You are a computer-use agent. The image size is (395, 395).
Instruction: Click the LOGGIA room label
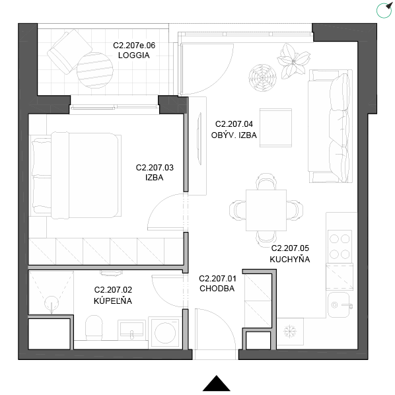134,55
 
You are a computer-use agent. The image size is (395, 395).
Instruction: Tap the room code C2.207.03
155,168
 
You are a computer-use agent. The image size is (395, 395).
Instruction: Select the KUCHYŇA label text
290,259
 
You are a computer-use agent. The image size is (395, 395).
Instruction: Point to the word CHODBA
217,289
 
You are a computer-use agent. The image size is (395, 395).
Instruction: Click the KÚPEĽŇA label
113,301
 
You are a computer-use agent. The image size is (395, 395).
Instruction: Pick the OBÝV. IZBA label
234,135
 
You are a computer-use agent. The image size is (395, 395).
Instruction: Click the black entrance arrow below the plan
217,383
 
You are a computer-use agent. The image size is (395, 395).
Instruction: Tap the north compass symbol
384,10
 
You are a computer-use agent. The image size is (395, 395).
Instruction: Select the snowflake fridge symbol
290,332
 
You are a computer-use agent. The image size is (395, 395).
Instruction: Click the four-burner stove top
340,246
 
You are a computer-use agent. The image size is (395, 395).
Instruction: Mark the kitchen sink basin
339,305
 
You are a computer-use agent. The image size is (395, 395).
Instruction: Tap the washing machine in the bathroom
165,333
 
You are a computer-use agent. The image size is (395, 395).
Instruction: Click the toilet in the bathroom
94,328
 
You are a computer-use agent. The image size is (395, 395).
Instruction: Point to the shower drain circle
52,303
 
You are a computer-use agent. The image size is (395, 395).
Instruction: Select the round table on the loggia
95,70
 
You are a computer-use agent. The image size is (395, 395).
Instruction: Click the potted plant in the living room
293,61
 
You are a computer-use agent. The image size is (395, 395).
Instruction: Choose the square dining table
266,210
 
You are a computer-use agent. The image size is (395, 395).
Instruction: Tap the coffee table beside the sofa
275,127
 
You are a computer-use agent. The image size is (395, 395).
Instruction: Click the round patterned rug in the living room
262,77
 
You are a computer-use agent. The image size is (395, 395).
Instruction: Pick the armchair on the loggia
69,52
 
